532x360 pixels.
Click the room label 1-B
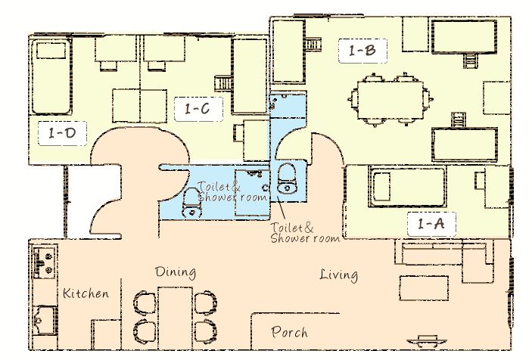(362, 51)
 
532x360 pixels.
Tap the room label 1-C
(198, 109)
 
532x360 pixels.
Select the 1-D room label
(62, 133)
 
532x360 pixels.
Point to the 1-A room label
(431, 224)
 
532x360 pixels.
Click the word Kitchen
(86, 293)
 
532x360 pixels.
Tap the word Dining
(176, 272)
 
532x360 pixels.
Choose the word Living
(338, 275)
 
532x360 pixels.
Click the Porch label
(290, 332)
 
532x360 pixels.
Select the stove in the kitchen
(45, 261)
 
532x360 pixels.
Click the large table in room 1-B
(390, 100)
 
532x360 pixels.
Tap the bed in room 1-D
(51, 76)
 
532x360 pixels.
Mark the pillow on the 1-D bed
(51, 51)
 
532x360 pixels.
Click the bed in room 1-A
(407, 186)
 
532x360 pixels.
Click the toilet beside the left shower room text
(191, 203)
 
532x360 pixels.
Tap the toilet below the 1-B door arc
(287, 178)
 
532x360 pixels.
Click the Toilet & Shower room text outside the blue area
(305, 233)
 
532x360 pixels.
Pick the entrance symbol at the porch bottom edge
(427, 341)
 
